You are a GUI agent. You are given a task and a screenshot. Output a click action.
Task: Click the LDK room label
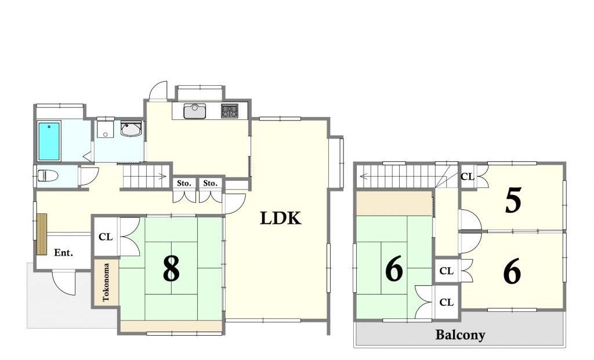pos(280,218)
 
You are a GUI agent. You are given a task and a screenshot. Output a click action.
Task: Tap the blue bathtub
pos(49,141)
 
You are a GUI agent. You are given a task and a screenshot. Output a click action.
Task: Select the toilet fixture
pos(48,176)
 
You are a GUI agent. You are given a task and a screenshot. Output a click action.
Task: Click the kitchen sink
pos(195,111)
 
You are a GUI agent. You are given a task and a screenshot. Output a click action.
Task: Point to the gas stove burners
pos(230,111)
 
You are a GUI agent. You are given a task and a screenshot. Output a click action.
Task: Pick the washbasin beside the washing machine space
pos(131,129)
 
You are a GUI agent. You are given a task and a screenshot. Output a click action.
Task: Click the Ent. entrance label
pos(63,253)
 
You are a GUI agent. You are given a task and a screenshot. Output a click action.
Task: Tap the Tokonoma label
pos(106,282)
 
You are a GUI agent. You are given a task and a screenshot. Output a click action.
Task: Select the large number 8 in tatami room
pos(171,268)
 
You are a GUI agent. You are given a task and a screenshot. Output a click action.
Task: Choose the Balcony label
pos(460,334)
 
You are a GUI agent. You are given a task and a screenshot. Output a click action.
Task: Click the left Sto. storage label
pos(184,183)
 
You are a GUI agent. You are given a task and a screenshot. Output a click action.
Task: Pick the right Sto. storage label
pos(210,183)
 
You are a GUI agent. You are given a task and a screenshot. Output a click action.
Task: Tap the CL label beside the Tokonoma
pos(106,237)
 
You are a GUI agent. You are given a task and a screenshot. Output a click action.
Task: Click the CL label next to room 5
pos(467,176)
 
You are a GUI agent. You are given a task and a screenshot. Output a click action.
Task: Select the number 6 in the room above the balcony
pos(512,272)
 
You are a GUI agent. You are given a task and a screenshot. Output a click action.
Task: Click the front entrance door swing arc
pos(59,287)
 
